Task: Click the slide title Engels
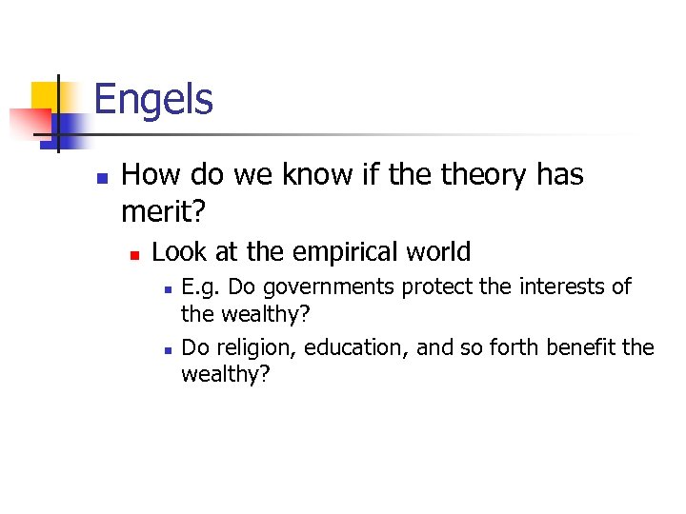pyautogui.click(x=153, y=99)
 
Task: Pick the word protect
pyautogui.click(x=444, y=287)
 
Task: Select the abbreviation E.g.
pyautogui.click(x=201, y=287)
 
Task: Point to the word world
pyautogui.click(x=439, y=252)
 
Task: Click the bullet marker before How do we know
pyautogui.click(x=102, y=177)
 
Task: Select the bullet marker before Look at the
pyautogui.click(x=135, y=254)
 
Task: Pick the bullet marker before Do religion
pyautogui.click(x=166, y=349)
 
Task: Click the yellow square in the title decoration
pyautogui.click(x=48, y=96)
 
